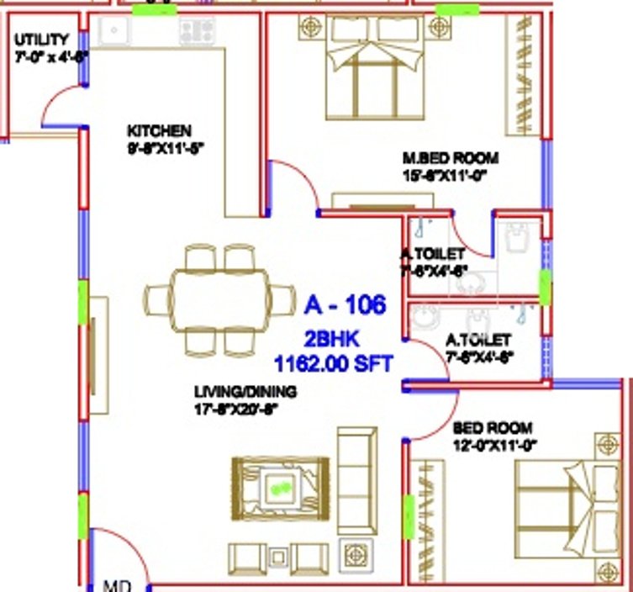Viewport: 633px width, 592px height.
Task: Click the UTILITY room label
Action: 40,40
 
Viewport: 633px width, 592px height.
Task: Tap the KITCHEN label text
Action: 159,131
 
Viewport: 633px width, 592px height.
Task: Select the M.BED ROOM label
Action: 450,158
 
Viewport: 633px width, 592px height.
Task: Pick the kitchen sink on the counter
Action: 112,31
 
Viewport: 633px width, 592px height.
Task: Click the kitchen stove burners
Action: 196,31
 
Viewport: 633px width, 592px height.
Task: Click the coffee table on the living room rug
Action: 277,486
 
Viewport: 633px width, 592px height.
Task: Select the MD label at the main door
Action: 113,584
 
